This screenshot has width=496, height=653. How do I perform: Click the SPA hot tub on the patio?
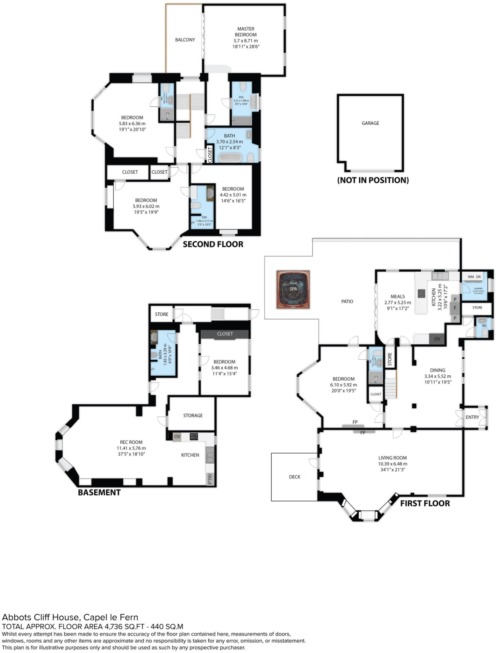coord(293,290)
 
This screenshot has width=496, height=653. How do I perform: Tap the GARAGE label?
coord(370,123)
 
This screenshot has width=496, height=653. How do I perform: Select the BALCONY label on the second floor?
coord(185,40)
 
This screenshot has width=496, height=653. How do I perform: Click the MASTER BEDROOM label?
coord(246,32)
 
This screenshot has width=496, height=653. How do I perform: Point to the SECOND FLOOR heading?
coord(213,244)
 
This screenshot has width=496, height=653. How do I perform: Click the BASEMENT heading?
coord(99,493)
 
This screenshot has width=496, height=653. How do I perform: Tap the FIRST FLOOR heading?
coord(425,503)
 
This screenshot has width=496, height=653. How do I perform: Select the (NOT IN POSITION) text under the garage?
coord(373,180)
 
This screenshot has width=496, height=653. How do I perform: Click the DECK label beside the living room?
coord(295,477)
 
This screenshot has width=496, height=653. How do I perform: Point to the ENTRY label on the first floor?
coord(472,417)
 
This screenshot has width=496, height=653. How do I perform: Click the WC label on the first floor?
coord(485,326)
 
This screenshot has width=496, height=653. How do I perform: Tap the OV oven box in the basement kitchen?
coord(177,437)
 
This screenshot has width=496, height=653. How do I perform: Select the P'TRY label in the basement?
coord(210,479)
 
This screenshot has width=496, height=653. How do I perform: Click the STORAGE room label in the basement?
coord(193,415)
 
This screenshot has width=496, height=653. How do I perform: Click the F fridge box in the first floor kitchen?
coord(455,308)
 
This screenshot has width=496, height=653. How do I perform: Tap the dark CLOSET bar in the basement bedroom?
coord(225,334)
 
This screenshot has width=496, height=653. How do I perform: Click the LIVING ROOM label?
coord(392,458)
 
